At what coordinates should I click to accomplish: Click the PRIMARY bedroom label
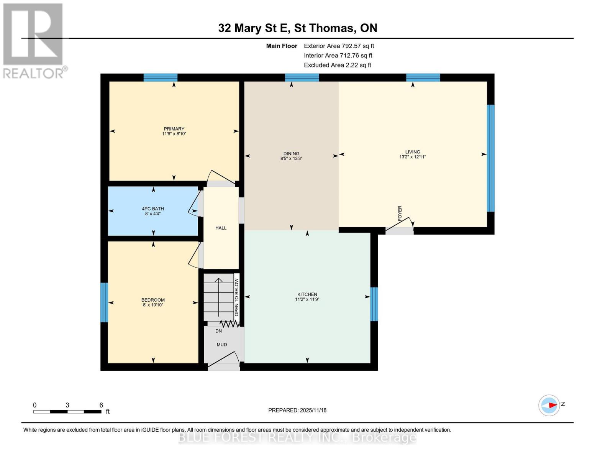pos(174,129)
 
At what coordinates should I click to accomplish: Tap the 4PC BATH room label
pos(153,209)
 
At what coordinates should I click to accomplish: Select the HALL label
pos(221,228)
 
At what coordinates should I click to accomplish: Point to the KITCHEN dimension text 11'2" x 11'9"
pos(307,299)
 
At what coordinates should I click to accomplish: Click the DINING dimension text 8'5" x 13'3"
pos(291,158)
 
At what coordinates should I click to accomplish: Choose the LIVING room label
pos(413,152)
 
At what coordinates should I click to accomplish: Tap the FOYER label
pos(400,213)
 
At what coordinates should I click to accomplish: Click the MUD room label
pos(222,345)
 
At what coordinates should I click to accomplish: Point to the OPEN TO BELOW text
pos(237,297)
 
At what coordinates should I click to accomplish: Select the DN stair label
pos(218,331)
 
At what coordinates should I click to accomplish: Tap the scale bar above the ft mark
pos(67,412)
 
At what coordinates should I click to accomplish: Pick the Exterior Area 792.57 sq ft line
pos(339,46)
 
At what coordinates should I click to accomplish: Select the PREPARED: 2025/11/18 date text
pos(297,410)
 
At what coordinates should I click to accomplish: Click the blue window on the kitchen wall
pos(374,304)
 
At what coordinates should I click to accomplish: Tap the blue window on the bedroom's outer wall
pos(104,302)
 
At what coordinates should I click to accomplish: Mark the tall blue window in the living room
pos(490,158)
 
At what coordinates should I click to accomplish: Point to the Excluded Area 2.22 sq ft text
pos(337,65)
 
